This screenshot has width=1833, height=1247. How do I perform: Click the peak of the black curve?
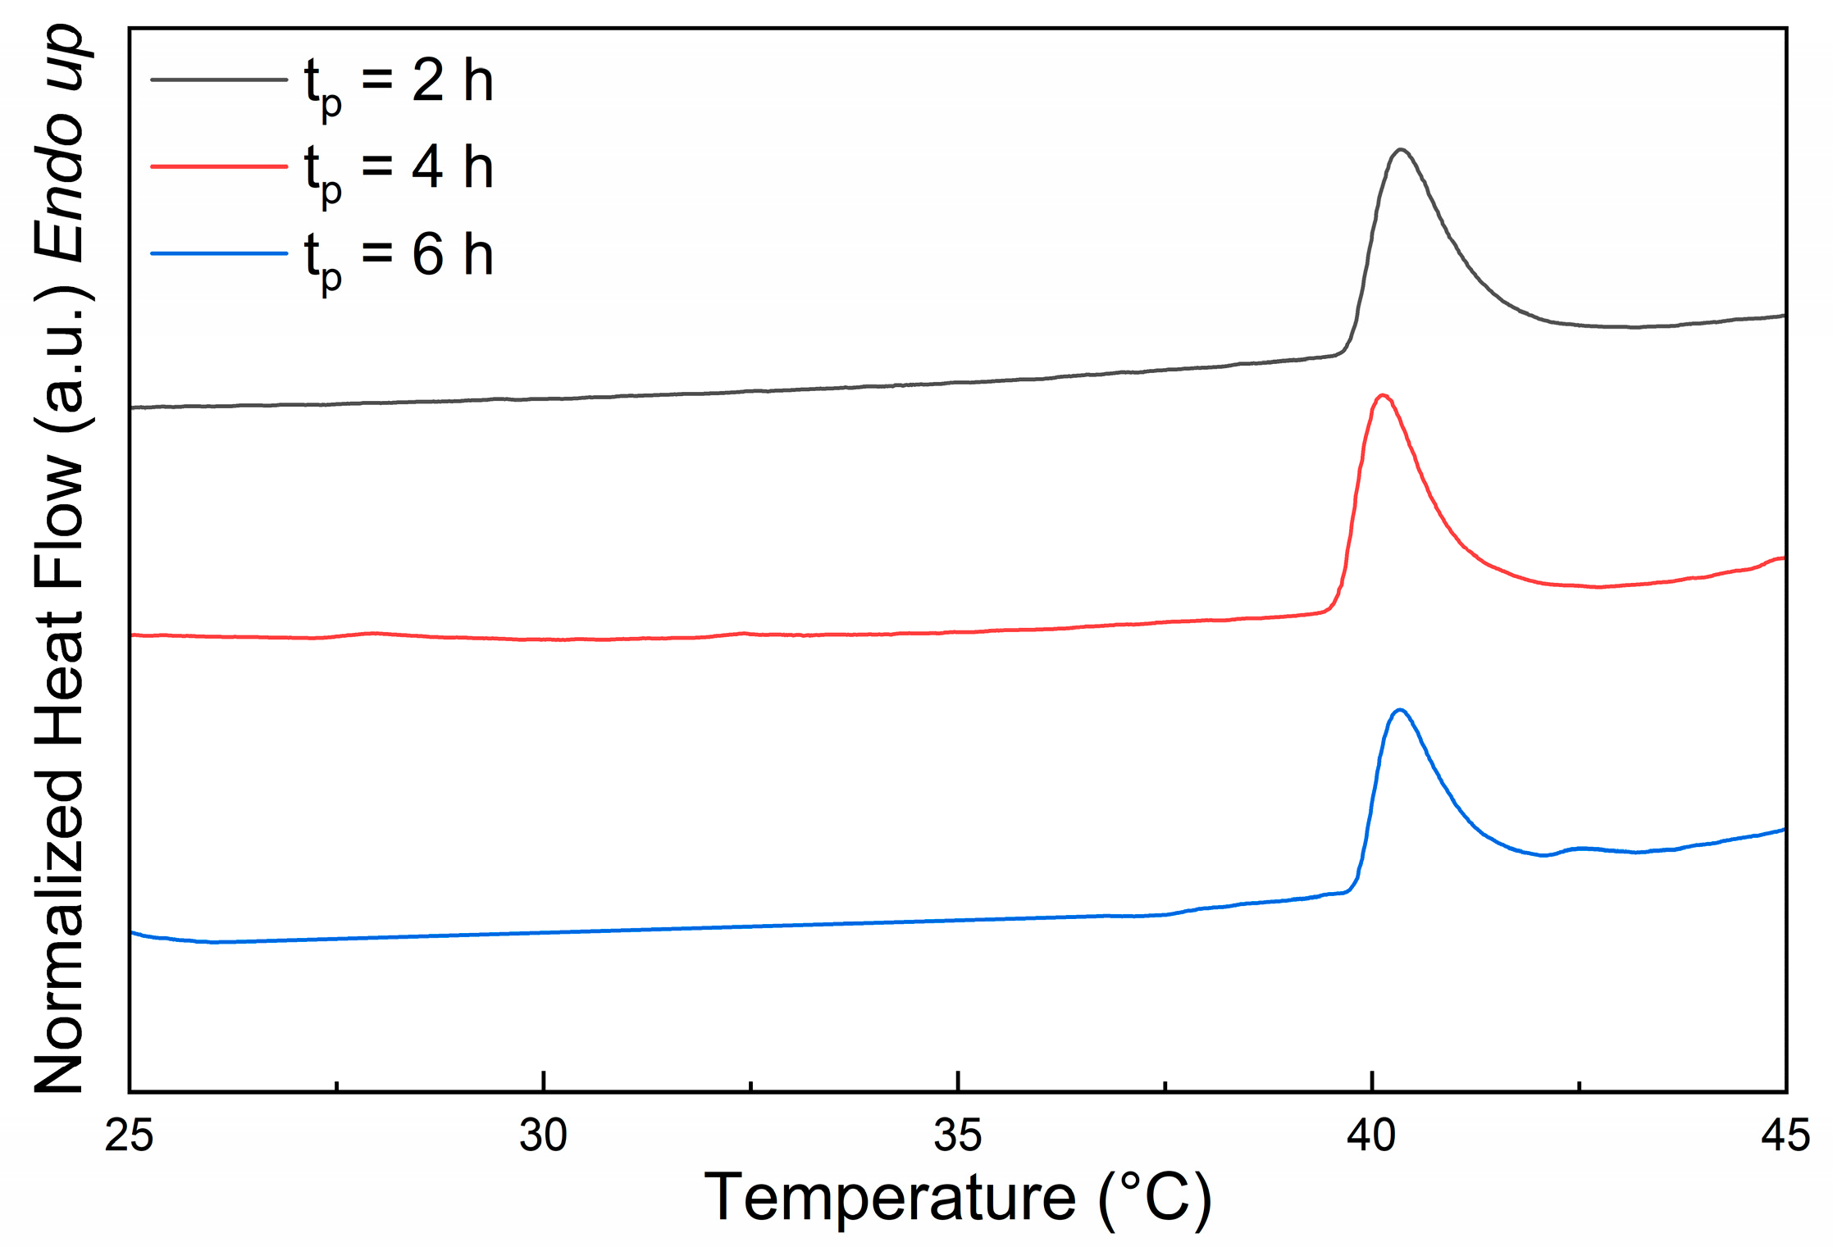(1401, 150)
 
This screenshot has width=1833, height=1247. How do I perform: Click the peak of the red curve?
(1383, 396)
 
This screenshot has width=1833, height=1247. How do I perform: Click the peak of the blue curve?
(1400, 710)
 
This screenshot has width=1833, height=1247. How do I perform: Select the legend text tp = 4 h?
(399, 170)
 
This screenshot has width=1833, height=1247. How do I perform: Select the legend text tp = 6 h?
(399, 257)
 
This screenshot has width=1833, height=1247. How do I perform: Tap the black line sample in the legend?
(219, 80)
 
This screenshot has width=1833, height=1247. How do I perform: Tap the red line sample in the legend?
(219, 166)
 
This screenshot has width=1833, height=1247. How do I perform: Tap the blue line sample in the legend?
(219, 253)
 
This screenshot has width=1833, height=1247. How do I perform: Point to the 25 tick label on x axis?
(130, 1137)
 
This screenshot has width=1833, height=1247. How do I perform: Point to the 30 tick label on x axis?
(543, 1137)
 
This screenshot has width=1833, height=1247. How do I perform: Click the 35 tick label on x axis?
(957, 1137)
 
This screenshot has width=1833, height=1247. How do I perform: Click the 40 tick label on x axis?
(1371, 1137)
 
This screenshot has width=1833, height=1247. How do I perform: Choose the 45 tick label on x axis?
(1785, 1137)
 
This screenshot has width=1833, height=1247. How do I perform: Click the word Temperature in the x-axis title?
(890, 1199)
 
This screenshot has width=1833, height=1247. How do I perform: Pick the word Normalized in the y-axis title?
(60, 931)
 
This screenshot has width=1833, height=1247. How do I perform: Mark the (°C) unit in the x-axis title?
(1155, 1199)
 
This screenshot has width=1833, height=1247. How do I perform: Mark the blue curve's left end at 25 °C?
(132, 932)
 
